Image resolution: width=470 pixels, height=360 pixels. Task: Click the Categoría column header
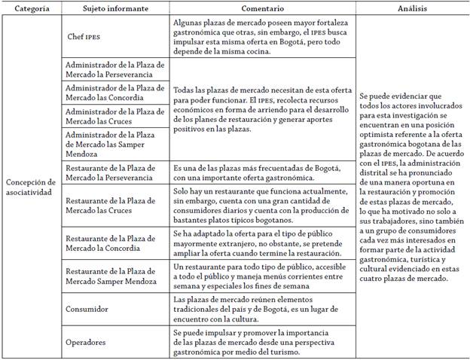click(32, 9)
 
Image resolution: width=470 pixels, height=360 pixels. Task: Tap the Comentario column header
click(261, 9)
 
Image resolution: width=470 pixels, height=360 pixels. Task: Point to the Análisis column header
click(412, 9)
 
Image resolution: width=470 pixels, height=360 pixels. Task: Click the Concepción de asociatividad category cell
click(31, 187)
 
